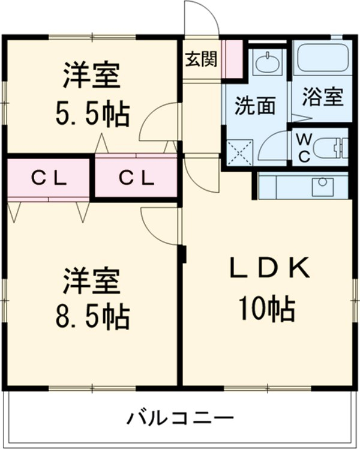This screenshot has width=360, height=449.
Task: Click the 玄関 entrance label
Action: (x=201, y=60)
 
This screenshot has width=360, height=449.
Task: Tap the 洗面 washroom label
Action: (x=255, y=106)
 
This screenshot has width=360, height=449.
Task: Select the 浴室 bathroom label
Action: (x=322, y=97)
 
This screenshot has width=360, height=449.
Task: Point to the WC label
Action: (x=304, y=148)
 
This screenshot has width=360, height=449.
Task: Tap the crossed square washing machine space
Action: (x=241, y=152)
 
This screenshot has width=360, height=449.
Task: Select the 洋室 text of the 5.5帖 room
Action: (x=92, y=75)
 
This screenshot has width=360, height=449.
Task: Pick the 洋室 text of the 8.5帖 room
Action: (x=92, y=279)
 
